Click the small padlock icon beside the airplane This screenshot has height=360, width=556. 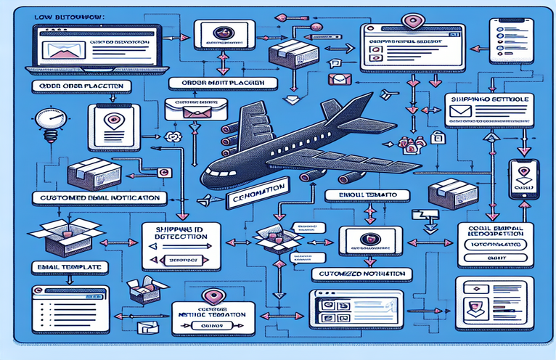pyautogui.click(x=437, y=136)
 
